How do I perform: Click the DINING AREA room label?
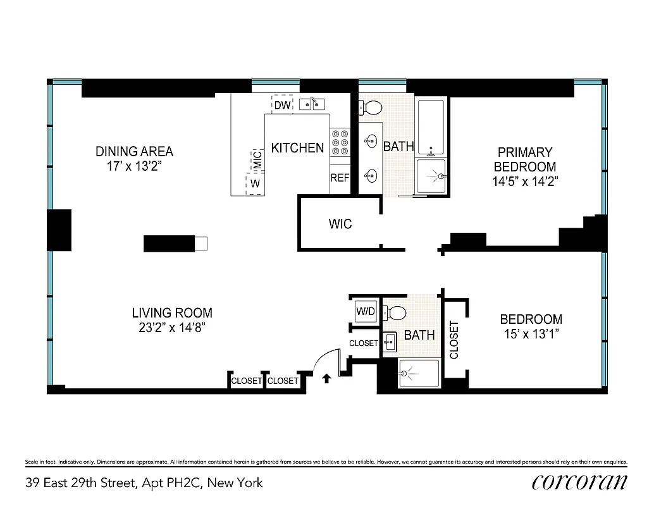point(134,152)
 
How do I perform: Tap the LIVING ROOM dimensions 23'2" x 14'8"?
point(172,328)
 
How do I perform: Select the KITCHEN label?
point(297,148)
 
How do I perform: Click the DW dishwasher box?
point(283,105)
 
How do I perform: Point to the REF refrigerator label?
point(340,178)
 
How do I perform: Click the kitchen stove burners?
point(340,143)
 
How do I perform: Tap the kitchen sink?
point(311,104)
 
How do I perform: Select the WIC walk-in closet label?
point(340,224)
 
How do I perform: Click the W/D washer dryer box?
point(365,311)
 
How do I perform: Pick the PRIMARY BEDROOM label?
point(524,159)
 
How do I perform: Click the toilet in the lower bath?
point(397,312)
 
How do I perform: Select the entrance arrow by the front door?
point(326,379)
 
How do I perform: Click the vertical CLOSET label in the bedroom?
point(454,340)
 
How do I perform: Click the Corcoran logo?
point(579,482)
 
